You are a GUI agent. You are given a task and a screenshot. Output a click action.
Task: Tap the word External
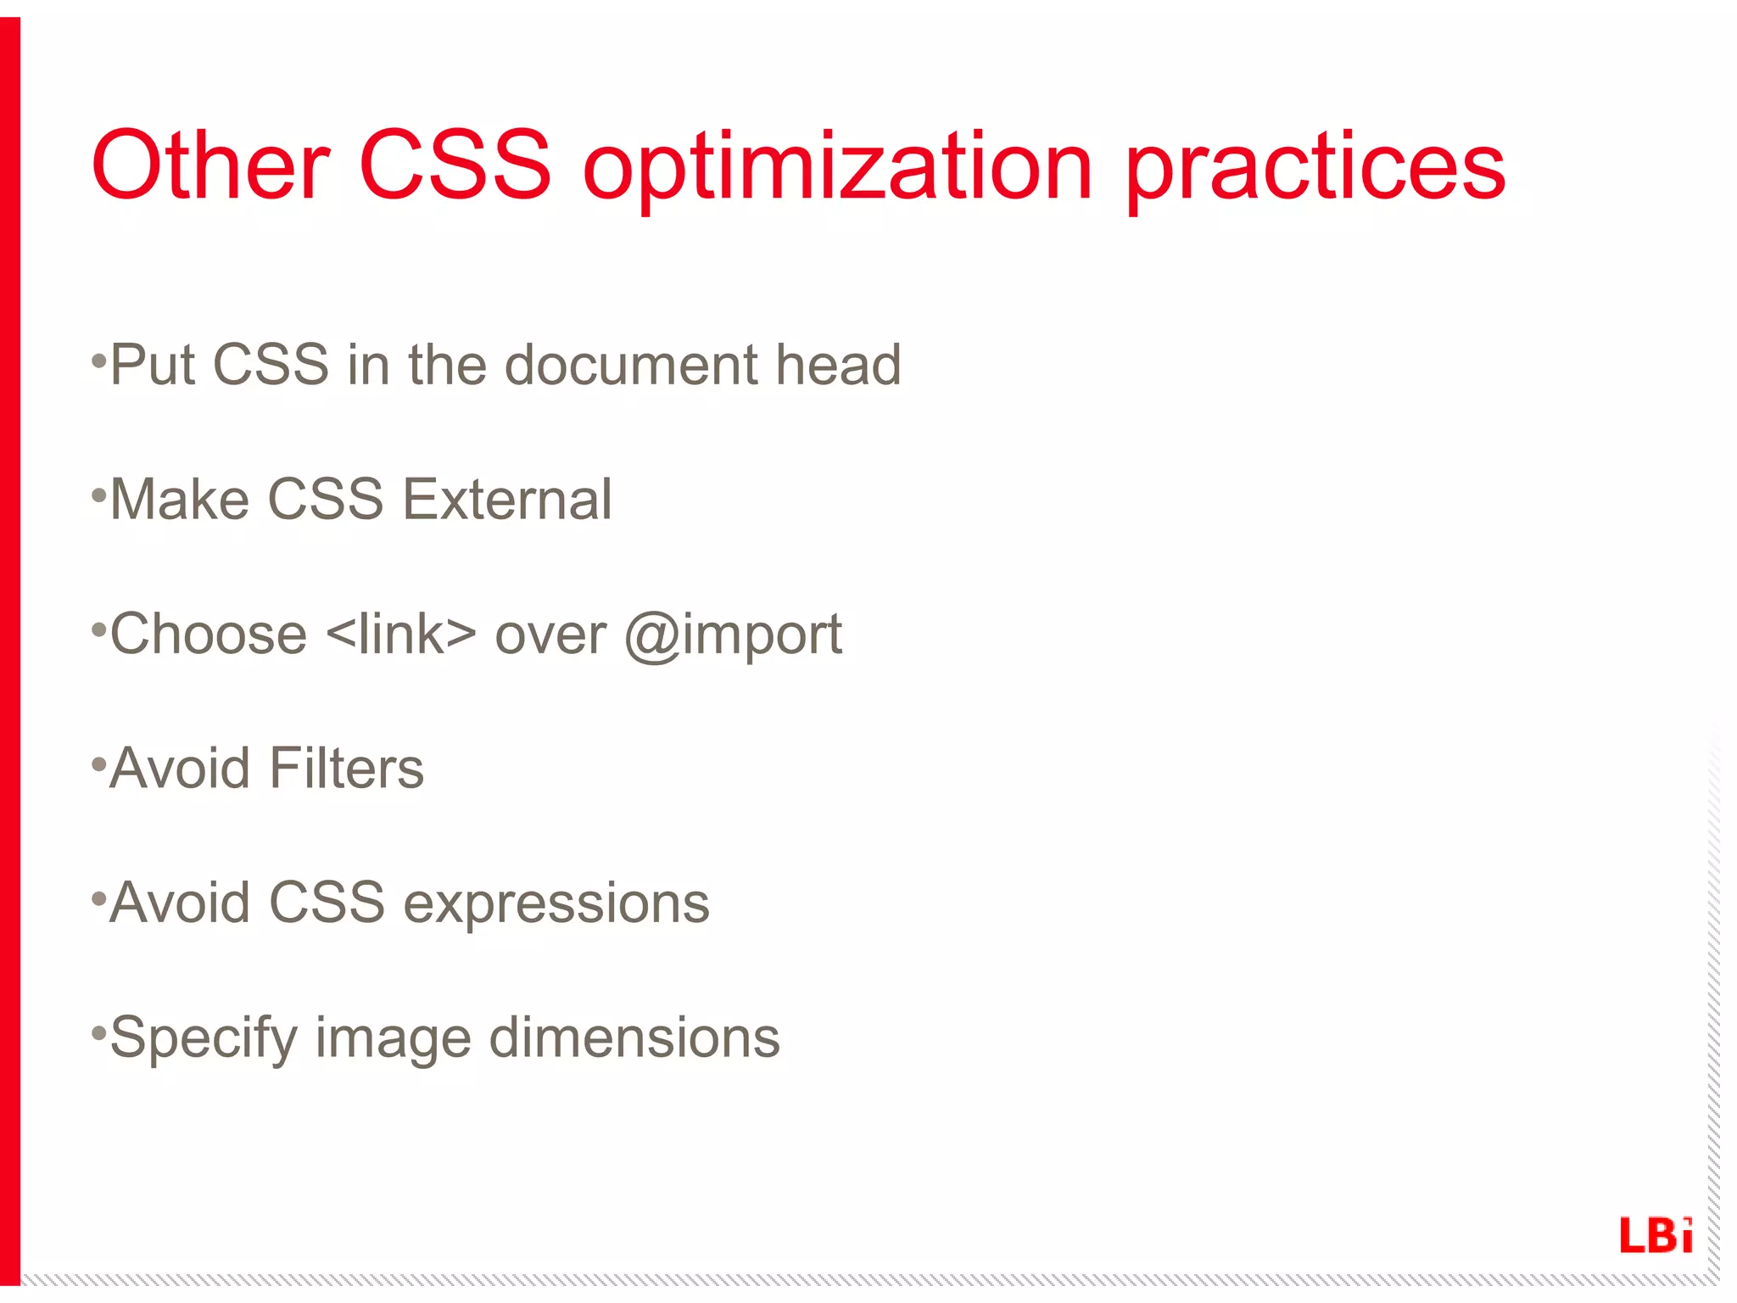tap(506, 500)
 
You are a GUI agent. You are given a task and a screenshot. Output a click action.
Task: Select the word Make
tap(180, 500)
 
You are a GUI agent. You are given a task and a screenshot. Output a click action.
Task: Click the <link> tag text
tap(400, 635)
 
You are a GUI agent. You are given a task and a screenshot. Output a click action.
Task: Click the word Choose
tap(209, 635)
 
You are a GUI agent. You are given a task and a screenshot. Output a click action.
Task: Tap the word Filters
tap(346, 769)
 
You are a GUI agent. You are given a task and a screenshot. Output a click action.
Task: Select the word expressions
tap(556, 904)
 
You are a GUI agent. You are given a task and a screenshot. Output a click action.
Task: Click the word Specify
tap(202, 1040)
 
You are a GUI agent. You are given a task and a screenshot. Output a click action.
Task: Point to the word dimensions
tap(634, 1038)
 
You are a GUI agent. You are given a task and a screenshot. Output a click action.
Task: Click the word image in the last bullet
tap(393, 1040)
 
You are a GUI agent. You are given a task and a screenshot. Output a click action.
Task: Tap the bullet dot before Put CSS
tap(98, 361)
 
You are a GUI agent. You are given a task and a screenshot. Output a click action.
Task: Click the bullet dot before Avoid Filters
tap(98, 764)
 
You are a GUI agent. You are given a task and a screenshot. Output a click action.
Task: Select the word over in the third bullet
tap(550, 636)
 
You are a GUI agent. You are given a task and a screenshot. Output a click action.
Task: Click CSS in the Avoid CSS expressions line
tap(327, 903)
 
